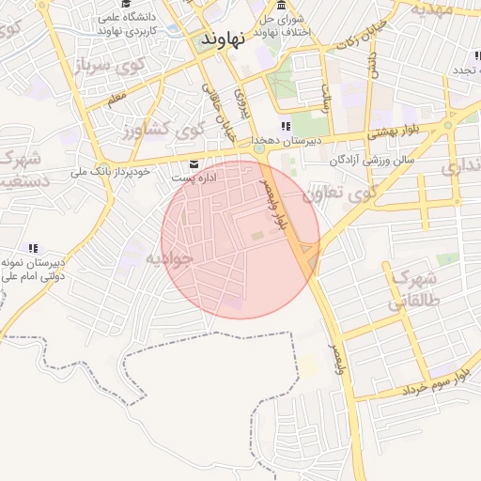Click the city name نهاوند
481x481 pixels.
coord(223,39)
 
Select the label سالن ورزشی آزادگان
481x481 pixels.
coord(372,161)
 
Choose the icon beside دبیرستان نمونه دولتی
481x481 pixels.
coord(34,248)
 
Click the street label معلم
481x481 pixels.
coord(116,97)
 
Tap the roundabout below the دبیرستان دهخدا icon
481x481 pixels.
coord(257,147)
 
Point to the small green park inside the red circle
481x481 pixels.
coord(256,234)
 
